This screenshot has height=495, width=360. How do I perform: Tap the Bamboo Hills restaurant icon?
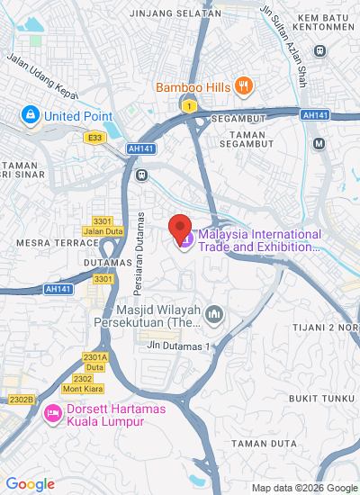tap(243, 86)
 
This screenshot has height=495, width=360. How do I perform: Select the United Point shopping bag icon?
tap(31, 116)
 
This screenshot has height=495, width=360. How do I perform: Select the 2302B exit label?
tap(20, 399)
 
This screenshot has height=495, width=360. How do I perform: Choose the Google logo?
tap(30, 483)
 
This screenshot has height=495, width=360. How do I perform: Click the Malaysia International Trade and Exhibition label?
tap(259, 240)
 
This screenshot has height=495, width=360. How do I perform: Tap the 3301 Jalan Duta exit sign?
tap(102, 226)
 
